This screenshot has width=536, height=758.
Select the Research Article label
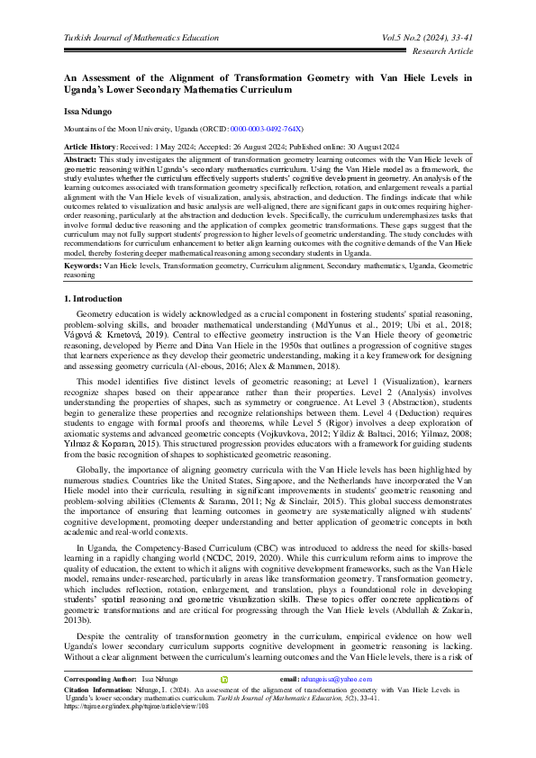(x=441, y=53)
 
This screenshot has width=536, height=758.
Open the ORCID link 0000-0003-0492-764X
(x=266, y=130)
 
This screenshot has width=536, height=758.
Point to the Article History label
(x=92, y=146)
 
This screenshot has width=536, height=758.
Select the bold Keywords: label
(x=83, y=266)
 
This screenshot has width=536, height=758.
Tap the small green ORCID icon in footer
(x=225, y=703)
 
